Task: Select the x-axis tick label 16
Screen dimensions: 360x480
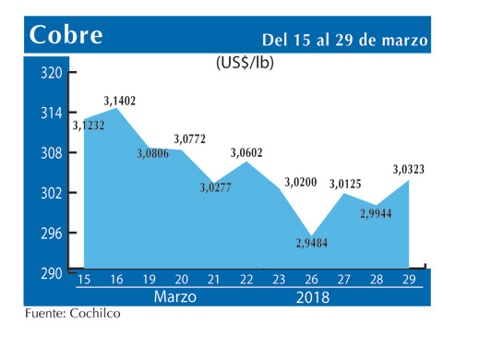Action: (x=116, y=280)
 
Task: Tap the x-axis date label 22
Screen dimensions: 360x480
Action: (x=246, y=280)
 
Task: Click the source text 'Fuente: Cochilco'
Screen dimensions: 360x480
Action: (x=73, y=314)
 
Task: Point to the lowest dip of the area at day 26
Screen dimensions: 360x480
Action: (x=312, y=236)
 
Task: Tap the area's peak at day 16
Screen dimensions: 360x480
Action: (x=116, y=109)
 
